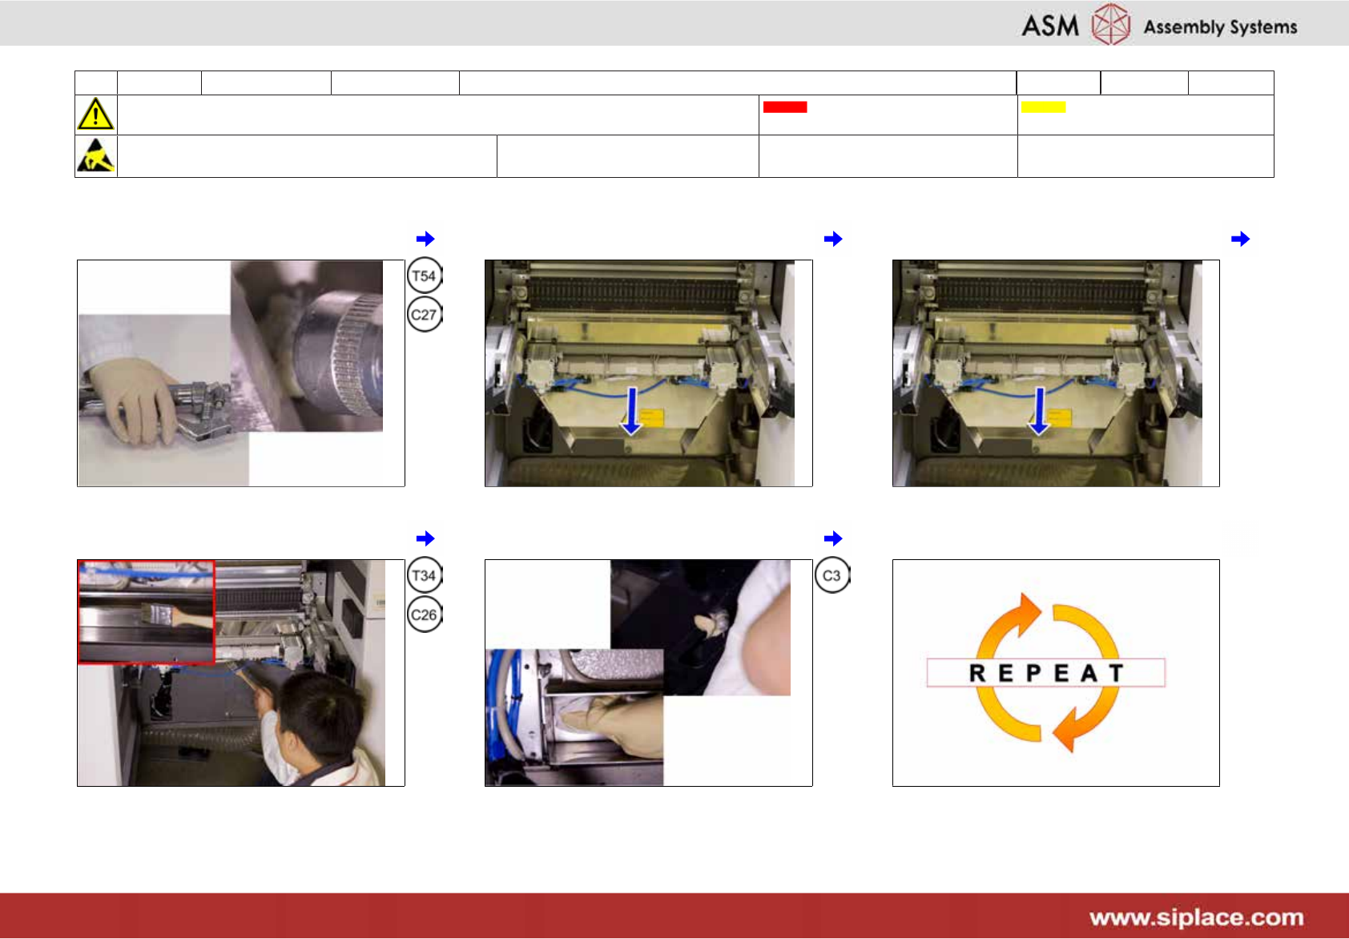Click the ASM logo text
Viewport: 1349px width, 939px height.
(1049, 26)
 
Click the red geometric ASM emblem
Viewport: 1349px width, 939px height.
(1111, 24)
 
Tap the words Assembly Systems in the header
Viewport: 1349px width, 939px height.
(1220, 27)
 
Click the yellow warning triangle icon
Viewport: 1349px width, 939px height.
(95, 114)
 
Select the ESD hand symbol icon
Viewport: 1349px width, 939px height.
(95, 155)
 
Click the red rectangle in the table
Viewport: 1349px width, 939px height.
(785, 107)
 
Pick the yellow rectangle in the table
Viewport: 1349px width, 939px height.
(1043, 107)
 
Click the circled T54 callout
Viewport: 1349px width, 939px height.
(425, 276)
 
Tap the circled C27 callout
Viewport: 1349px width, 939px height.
(425, 314)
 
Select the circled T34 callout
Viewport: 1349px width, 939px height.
(425, 575)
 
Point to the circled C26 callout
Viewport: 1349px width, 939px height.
(425, 615)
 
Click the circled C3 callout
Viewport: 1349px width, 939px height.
(832, 575)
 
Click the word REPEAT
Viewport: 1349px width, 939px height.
(1046, 673)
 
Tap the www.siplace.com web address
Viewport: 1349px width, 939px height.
(1196, 917)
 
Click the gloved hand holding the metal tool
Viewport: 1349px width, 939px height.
(134, 397)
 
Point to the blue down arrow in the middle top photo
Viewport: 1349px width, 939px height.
(632, 411)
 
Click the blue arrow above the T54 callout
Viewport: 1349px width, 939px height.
(425, 239)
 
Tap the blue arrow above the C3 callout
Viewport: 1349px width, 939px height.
(833, 538)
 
